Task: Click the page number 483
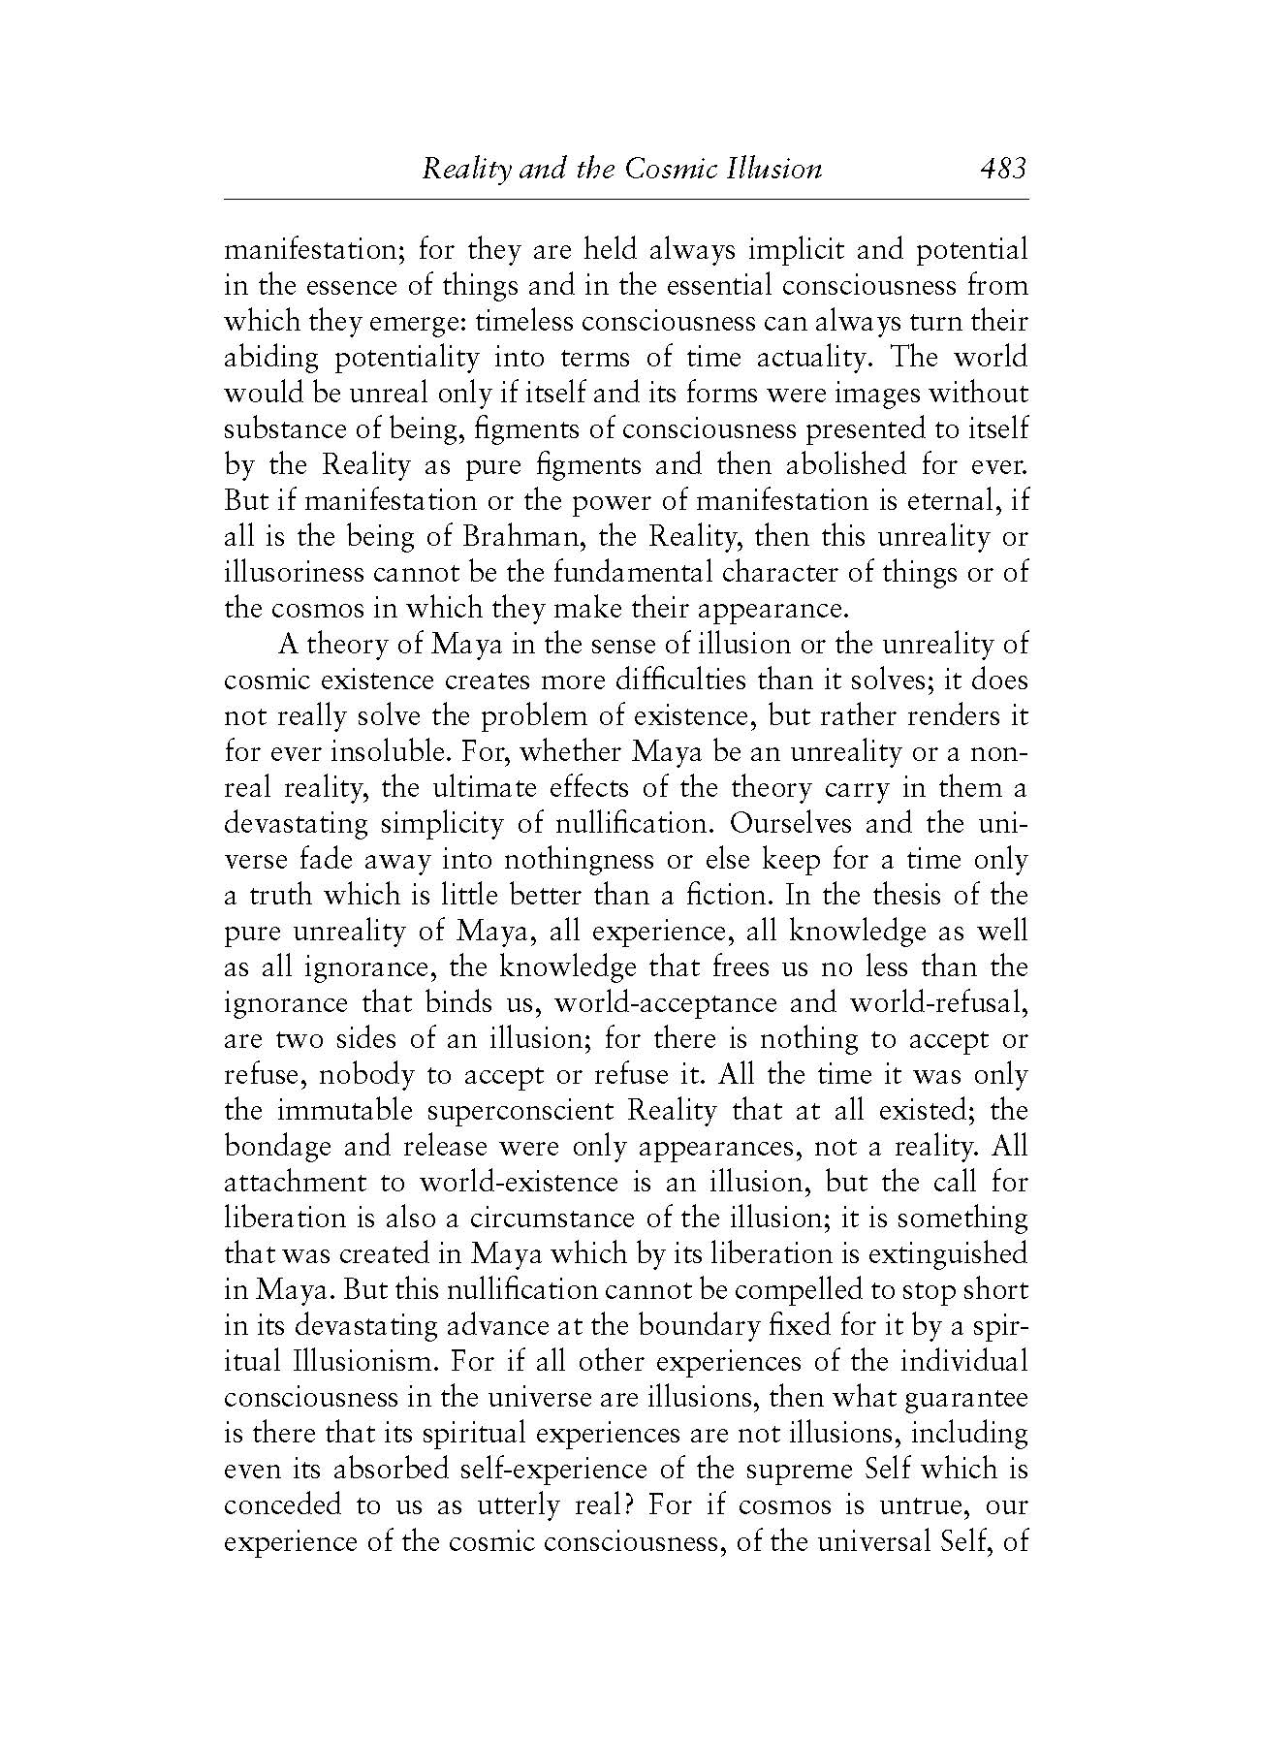[1002, 170]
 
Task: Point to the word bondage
[278, 1147]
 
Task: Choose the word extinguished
[947, 1254]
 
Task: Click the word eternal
[947, 501]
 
